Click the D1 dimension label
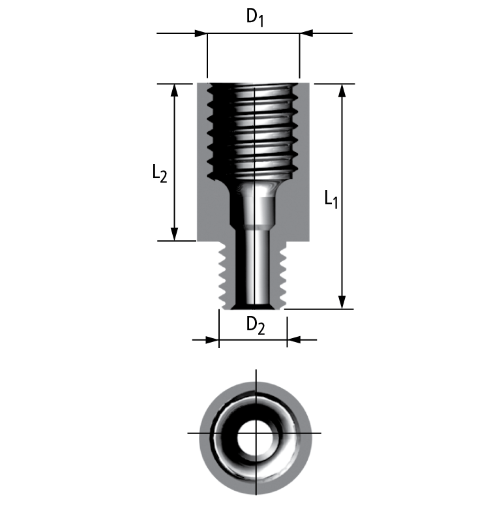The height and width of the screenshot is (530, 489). [x=255, y=18]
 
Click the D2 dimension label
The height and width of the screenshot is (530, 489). [x=255, y=325]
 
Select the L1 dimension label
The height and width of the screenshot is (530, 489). [x=331, y=198]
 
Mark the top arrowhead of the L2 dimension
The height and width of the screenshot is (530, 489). [x=174, y=91]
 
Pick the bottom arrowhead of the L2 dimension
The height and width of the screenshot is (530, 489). [x=174, y=234]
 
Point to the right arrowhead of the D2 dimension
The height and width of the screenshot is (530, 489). [x=294, y=339]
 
